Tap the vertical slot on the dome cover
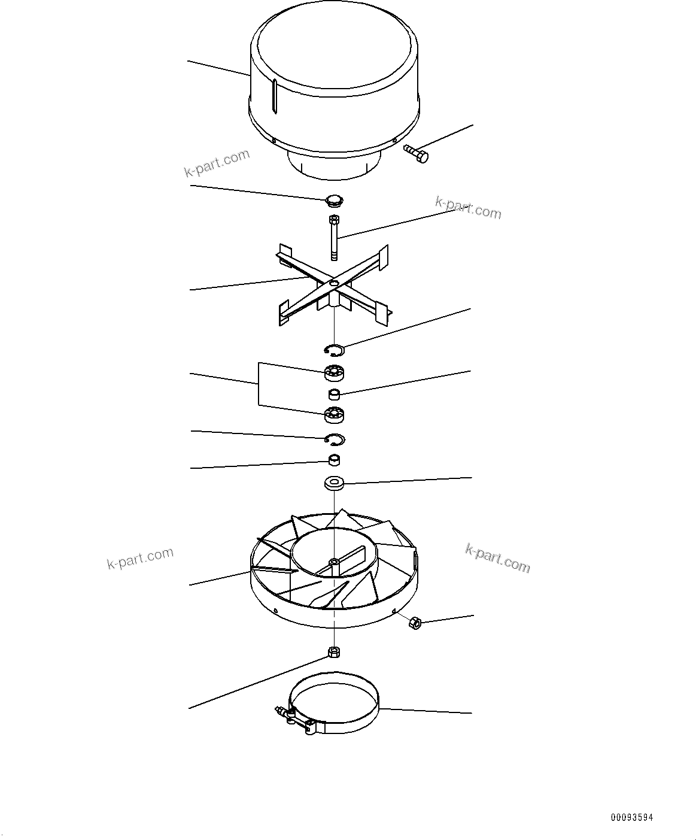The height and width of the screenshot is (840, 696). click(275, 96)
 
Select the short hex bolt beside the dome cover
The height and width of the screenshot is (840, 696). click(417, 154)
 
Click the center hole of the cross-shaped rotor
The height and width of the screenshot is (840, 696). click(334, 282)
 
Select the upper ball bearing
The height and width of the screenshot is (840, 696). click(335, 373)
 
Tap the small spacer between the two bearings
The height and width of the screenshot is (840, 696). click(335, 394)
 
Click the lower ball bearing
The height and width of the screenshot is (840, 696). click(335, 414)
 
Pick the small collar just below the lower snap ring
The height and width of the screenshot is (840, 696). click(335, 460)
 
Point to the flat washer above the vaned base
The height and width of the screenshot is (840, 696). click(334, 483)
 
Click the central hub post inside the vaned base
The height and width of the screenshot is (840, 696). click(334, 563)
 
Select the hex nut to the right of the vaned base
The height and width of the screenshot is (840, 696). click(413, 623)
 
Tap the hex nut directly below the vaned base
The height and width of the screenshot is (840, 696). click(334, 651)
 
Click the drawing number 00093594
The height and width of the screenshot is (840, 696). click(632, 817)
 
